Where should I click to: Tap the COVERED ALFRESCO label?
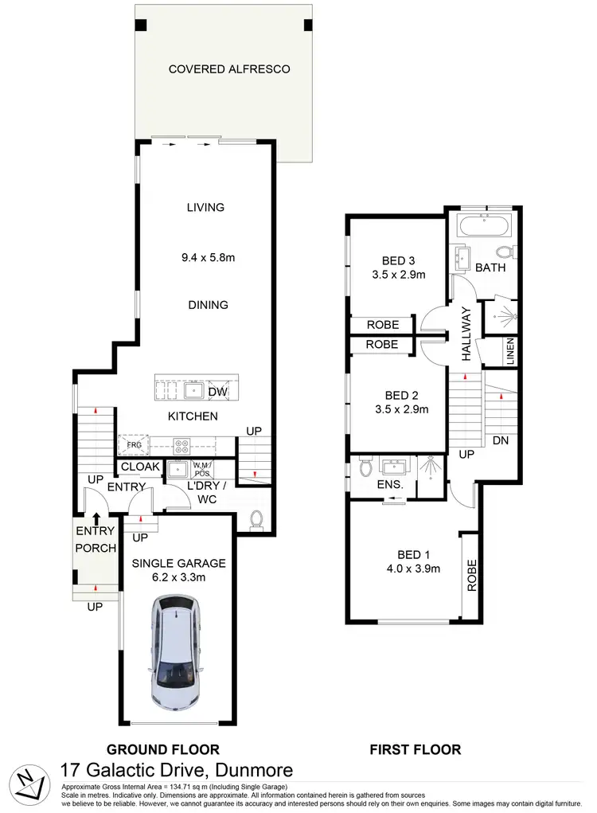(228, 69)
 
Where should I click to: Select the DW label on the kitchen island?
(217, 391)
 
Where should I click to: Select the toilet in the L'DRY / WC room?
(257, 520)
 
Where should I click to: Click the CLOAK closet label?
(140, 467)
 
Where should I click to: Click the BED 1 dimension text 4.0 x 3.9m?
(413, 569)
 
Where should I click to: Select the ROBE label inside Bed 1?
(471, 574)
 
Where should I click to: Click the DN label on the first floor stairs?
(500, 440)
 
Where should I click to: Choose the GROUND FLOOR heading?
(162, 749)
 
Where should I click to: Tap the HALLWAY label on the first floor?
(466, 334)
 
